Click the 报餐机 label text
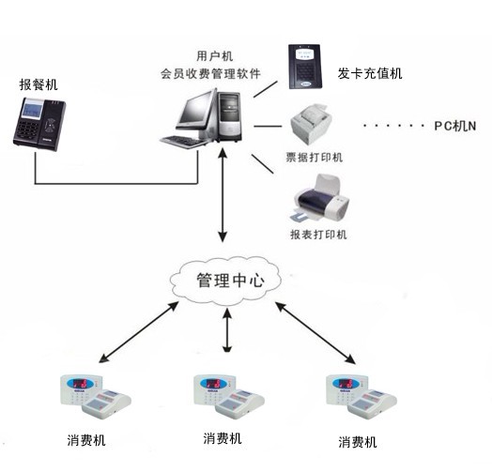click(x=38, y=84)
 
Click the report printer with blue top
click(x=317, y=200)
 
